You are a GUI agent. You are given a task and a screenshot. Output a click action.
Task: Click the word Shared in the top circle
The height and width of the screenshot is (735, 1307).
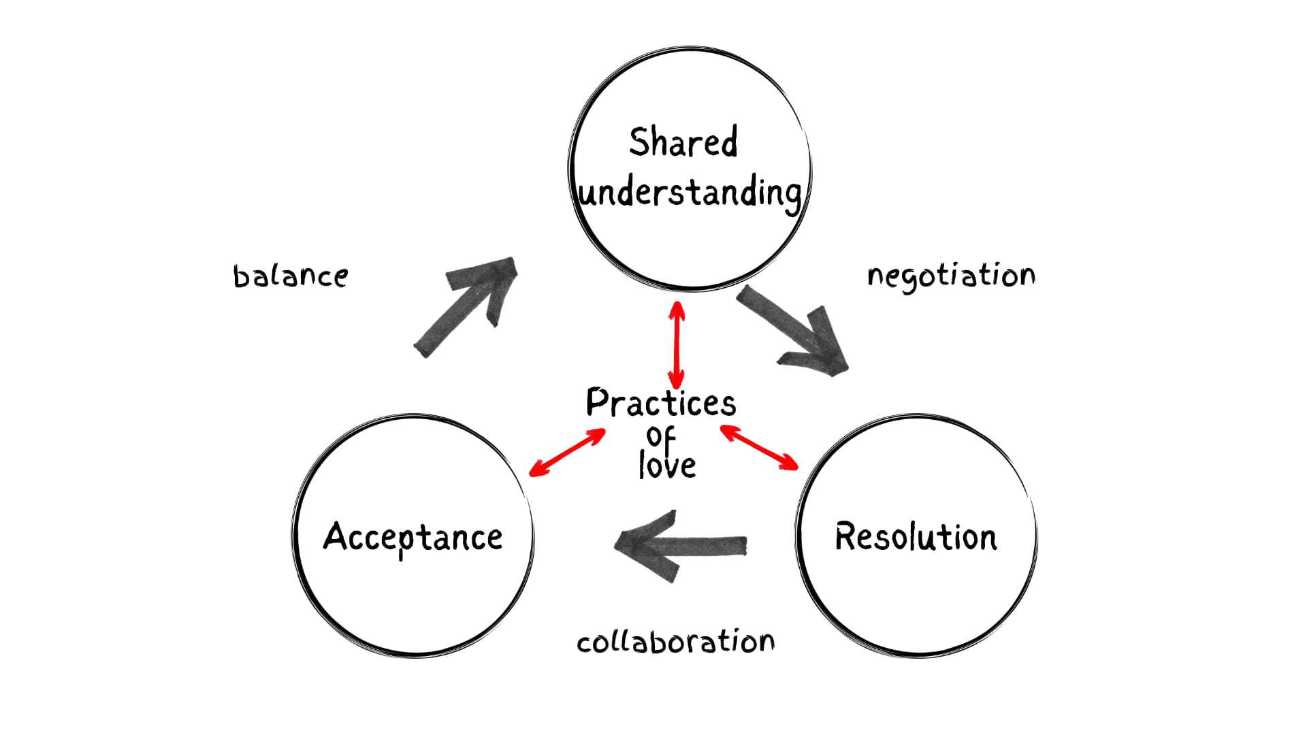683,142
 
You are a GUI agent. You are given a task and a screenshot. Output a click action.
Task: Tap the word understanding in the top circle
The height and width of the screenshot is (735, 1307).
690,193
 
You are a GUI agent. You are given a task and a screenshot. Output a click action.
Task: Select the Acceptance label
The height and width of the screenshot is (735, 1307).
413,538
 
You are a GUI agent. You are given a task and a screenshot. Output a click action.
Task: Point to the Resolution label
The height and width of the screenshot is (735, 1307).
916,537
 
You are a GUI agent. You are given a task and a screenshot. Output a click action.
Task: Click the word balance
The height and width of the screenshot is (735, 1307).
291,276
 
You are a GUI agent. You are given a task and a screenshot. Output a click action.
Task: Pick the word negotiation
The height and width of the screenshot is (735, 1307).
951,276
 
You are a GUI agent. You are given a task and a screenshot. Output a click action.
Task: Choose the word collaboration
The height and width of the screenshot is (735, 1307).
675,642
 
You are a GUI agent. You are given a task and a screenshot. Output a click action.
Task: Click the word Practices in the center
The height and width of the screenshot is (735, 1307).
661,403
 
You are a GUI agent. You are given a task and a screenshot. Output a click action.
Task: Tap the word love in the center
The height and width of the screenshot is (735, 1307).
667,465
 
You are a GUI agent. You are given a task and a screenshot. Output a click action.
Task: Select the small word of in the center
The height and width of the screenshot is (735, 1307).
661,437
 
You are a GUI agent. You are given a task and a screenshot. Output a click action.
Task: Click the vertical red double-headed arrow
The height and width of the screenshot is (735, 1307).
676,346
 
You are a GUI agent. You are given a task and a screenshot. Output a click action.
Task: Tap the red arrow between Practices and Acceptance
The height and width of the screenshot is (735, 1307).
567,453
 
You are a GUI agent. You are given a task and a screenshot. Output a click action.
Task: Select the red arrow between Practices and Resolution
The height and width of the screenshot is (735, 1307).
759,447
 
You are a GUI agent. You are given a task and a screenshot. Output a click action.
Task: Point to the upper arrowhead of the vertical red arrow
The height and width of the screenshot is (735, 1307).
677,312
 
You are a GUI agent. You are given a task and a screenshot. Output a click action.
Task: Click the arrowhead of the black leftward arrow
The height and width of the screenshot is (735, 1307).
643,544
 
